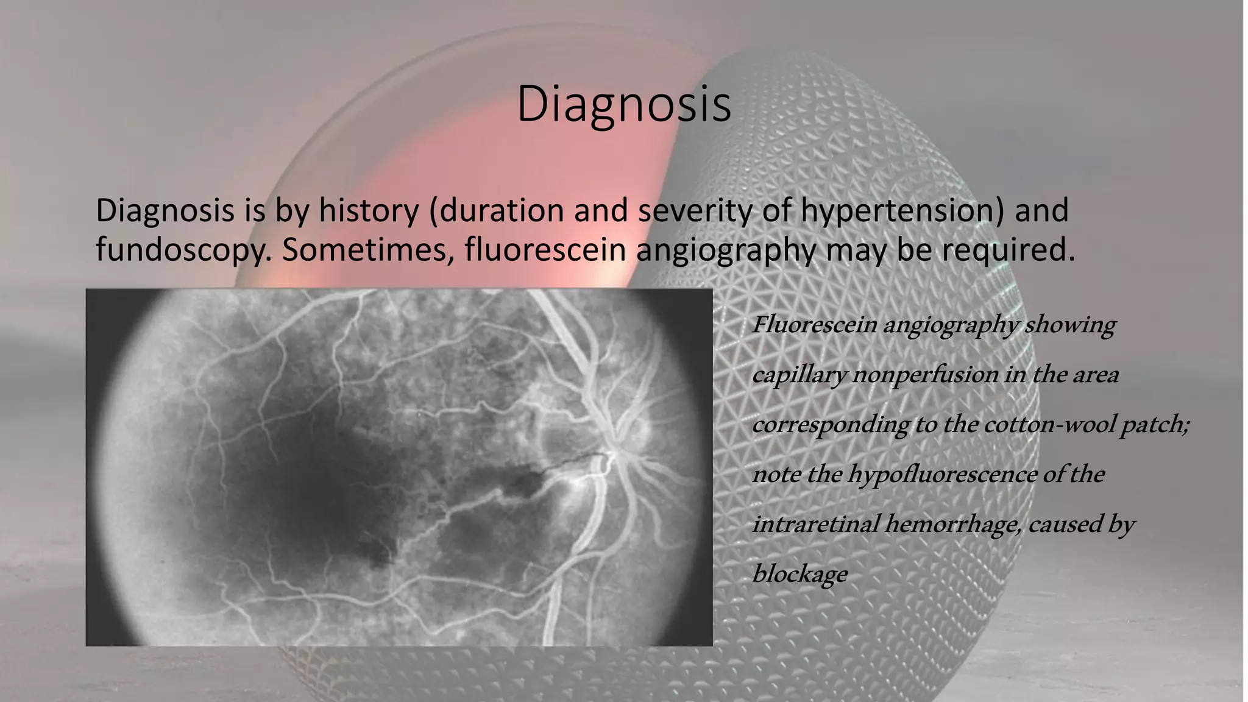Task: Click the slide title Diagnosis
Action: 623,105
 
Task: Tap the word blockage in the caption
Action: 799,574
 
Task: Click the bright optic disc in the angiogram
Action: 615,454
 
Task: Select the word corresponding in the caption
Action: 830,425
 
